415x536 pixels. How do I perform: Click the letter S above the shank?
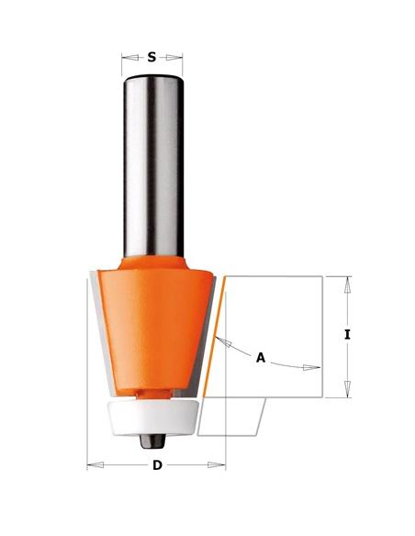[151, 56]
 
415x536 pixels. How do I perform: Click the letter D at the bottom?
[157, 465]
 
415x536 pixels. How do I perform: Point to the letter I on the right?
[347, 335]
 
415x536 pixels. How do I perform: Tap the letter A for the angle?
[261, 359]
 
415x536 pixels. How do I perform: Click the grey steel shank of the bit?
[152, 165]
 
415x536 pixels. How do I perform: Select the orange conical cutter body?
[152, 321]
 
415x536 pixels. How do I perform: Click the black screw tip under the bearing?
[149, 438]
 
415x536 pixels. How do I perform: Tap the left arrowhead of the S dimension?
[127, 56]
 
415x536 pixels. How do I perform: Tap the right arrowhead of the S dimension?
[178, 56]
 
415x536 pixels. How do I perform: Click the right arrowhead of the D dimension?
[220, 465]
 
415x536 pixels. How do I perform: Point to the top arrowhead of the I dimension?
[347, 280]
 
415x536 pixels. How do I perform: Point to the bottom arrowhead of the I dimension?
[347, 394]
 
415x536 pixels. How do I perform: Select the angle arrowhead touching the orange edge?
[221, 341]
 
